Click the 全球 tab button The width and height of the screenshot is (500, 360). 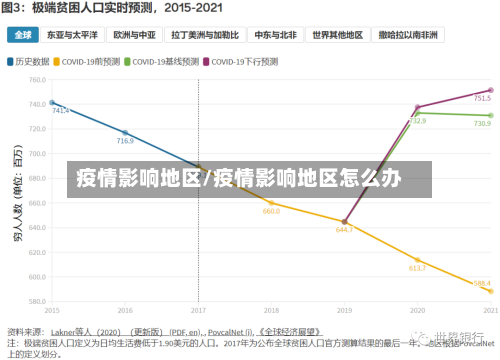pyautogui.click(x=21, y=34)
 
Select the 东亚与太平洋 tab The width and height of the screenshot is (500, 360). pyautogui.click(x=72, y=34)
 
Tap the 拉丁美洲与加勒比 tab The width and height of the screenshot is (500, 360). pyautogui.click(x=206, y=34)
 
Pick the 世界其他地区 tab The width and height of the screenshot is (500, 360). pyautogui.click(x=337, y=34)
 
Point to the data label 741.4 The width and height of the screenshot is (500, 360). pyautogui.click(x=61, y=110)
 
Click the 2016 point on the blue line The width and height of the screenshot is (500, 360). pyautogui.click(x=125, y=133)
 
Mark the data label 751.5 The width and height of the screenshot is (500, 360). pyautogui.click(x=481, y=99)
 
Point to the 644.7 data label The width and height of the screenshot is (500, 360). pyautogui.click(x=344, y=230)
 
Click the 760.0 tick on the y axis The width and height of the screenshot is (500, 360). pyautogui.click(x=36, y=80)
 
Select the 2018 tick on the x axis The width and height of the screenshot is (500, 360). pyautogui.click(x=272, y=310)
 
